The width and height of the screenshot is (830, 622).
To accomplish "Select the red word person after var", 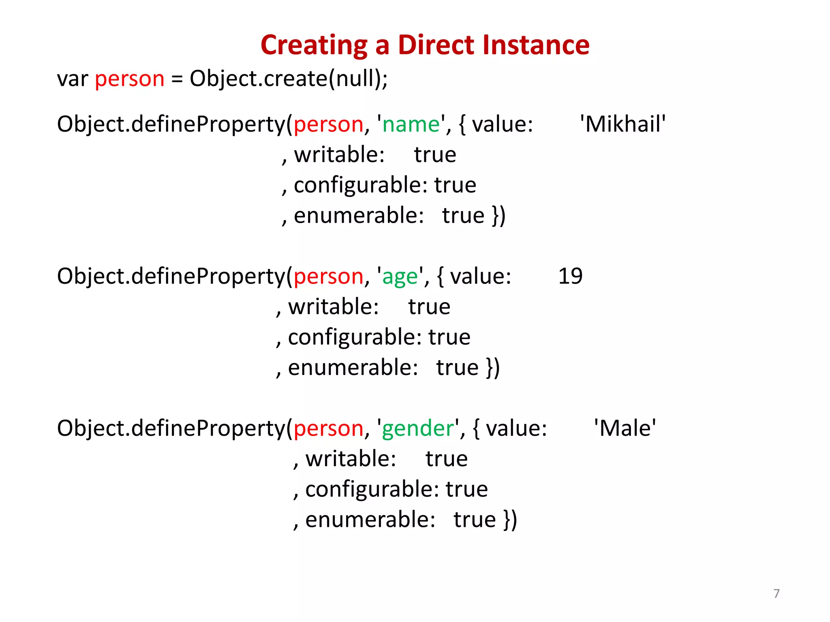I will click(x=130, y=79).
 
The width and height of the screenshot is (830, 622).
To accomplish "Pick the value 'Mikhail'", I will click(x=623, y=124).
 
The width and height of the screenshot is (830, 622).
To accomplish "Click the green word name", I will click(x=411, y=124).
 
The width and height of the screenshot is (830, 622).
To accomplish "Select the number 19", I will click(x=570, y=276).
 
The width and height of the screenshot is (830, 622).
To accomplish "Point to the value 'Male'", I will click(x=625, y=428).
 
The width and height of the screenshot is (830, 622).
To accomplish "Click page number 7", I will click(x=776, y=594).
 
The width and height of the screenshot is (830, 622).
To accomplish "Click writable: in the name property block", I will click(x=339, y=155).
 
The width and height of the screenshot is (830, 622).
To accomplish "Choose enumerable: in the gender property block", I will click(x=370, y=520).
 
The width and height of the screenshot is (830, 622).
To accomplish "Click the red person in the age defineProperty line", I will click(x=328, y=277).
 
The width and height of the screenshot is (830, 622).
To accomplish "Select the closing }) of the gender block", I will click(x=510, y=520).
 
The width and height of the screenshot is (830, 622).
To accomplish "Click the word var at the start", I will click(x=73, y=79).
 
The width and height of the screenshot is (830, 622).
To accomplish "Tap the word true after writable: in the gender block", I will click(x=446, y=459).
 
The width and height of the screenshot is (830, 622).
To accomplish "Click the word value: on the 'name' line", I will click(x=503, y=124).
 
